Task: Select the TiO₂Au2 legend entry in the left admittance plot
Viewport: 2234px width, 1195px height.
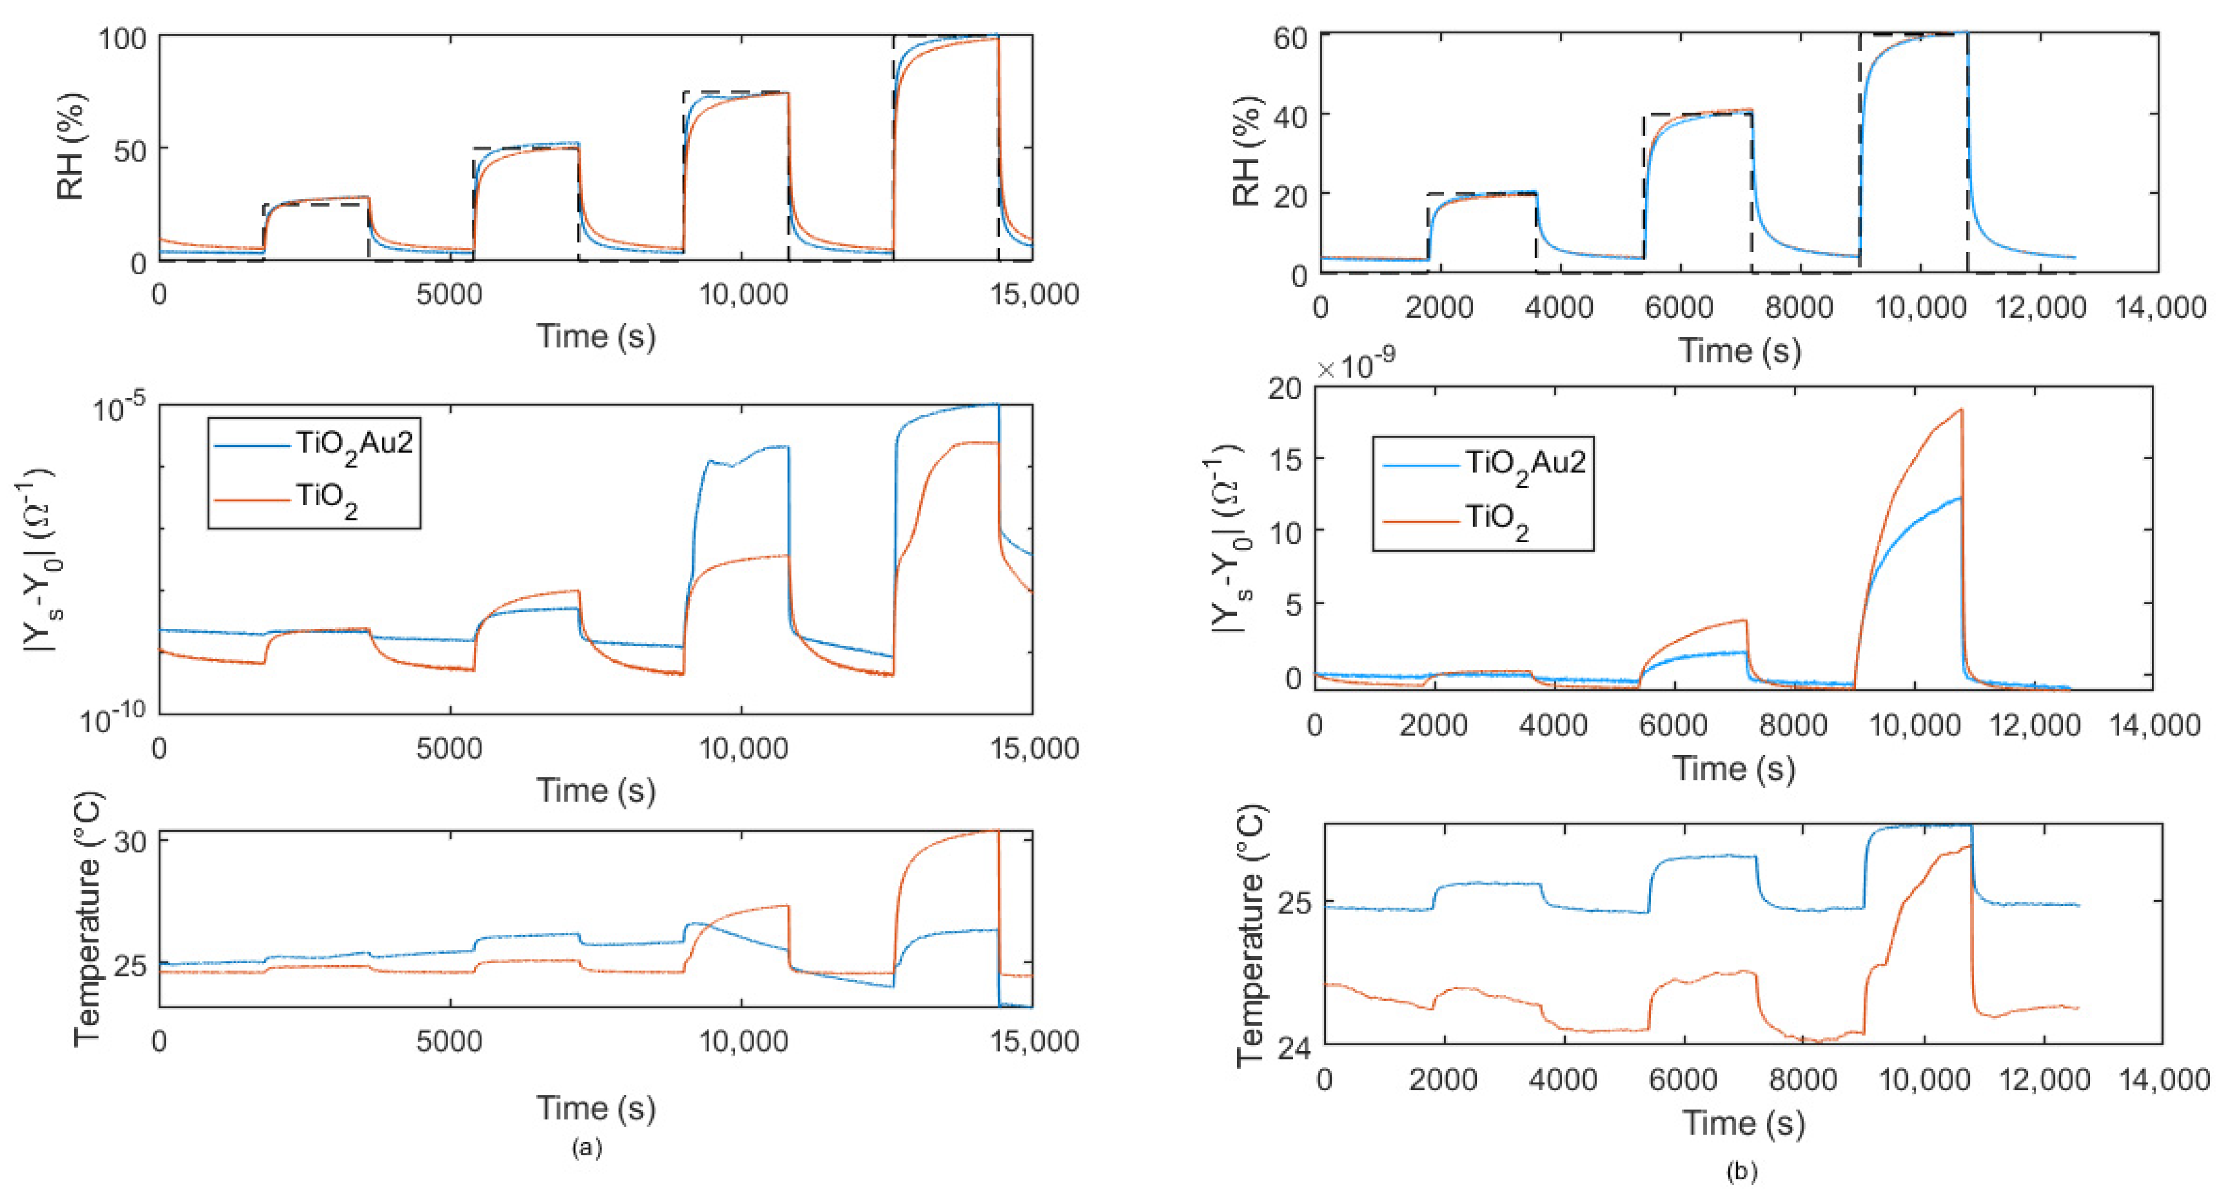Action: (354, 444)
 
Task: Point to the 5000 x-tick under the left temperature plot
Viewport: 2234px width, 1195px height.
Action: (448, 1040)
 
